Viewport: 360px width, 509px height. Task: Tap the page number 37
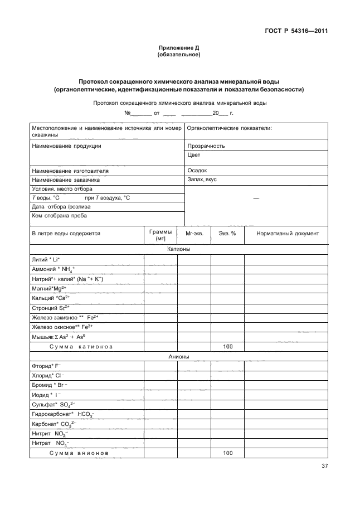coord(324,466)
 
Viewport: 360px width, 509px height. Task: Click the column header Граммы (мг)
coord(160,234)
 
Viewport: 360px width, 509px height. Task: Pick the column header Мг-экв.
coord(194,234)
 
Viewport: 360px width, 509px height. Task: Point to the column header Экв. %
coord(227,234)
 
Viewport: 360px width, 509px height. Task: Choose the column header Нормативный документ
coord(287,234)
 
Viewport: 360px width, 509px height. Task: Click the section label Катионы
coord(179,249)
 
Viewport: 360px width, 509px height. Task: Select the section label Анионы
coord(179,356)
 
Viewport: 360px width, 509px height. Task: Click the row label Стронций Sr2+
coord(51,307)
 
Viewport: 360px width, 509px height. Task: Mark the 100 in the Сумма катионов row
coord(227,346)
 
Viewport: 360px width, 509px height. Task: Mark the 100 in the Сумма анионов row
coord(227,453)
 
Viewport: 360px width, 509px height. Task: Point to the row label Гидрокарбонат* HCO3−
coord(64,415)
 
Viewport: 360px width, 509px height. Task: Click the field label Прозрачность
coord(206,146)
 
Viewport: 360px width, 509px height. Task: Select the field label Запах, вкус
coord(202,180)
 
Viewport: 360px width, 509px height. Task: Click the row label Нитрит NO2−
coord(50,434)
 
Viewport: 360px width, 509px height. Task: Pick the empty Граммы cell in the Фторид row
coord(160,366)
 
